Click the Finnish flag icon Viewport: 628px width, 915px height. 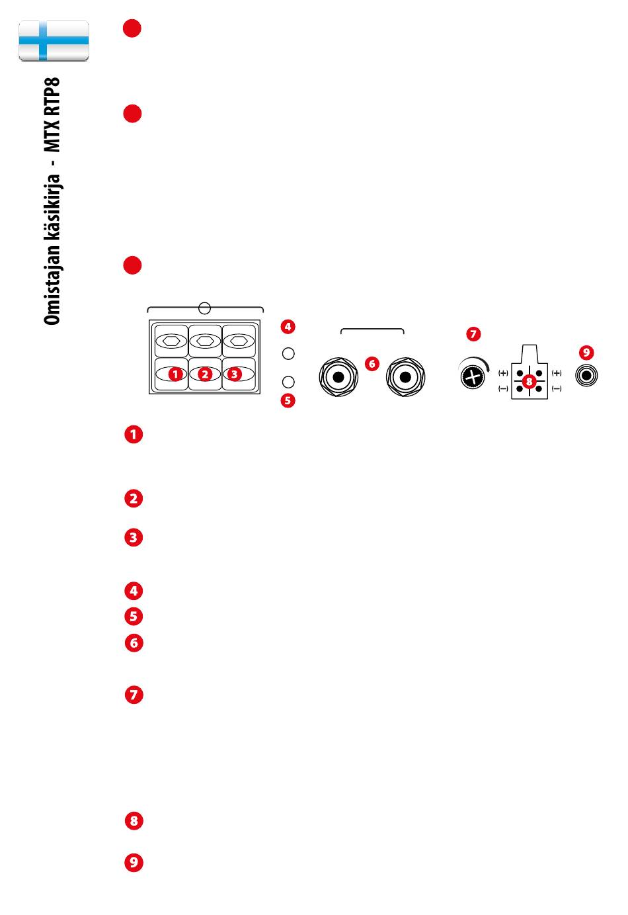pos(54,41)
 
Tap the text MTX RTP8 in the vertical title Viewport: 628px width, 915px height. pos(52,114)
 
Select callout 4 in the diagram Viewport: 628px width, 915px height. pos(288,327)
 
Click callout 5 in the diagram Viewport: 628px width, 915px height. pos(288,401)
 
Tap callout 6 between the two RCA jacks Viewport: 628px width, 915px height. pos(372,363)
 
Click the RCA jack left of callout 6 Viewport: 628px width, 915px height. pos(338,376)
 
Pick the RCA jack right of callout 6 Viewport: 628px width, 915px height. pos(405,376)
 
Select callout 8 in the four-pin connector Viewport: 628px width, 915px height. pos(530,382)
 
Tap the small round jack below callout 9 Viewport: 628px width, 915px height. pos(586,375)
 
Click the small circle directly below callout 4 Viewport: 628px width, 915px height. pos(288,354)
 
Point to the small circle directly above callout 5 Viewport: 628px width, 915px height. pos(288,382)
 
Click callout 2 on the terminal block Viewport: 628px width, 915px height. pos(205,374)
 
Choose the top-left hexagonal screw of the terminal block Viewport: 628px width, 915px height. pos(171,341)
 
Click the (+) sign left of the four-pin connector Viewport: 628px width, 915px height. pos(503,373)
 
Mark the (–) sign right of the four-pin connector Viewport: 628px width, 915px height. pos(557,388)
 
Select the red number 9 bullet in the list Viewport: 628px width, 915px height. pos(134,862)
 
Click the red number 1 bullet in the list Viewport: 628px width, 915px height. pos(134,434)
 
